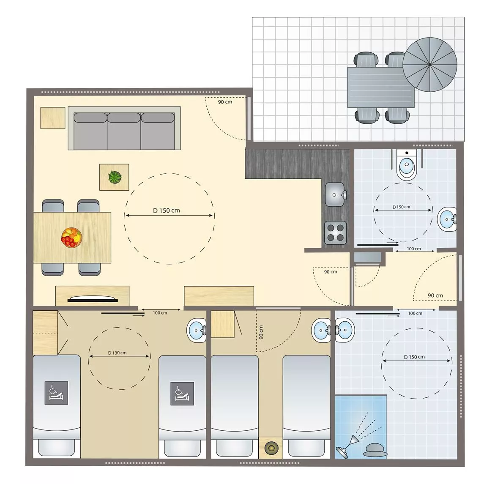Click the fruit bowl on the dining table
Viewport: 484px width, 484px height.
[x=71, y=237]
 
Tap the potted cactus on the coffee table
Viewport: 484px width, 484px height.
[x=115, y=177]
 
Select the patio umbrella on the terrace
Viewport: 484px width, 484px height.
[x=429, y=65]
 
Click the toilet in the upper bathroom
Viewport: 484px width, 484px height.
[x=407, y=165]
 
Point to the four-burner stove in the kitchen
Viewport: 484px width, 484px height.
[x=336, y=233]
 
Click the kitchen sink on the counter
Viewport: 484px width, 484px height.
[x=336, y=194]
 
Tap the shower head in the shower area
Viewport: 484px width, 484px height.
[x=342, y=452]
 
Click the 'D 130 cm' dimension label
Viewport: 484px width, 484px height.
[x=117, y=353]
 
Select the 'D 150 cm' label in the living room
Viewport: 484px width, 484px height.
[x=167, y=211]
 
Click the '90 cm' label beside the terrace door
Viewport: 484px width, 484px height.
[x=225, y=102]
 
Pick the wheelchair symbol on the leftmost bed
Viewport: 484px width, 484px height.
[x=56, y=393]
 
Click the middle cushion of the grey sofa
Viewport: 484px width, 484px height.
[x=124, y=131]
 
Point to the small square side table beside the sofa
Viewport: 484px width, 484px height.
[x=53, y=118]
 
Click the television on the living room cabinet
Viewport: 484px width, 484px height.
[x=93, y=299]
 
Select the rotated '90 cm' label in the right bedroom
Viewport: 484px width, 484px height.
[x=261, y=332]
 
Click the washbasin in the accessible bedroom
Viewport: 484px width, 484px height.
[x=197, y=331]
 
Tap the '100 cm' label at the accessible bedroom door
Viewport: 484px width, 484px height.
[x=160, y=313]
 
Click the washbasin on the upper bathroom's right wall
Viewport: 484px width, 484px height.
[x=447, y=219]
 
